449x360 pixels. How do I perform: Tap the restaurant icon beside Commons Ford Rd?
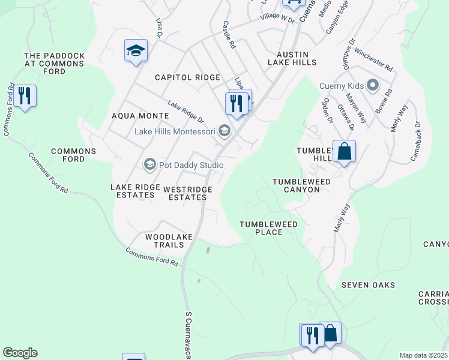[x=24, y=96]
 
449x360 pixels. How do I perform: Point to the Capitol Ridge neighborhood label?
[x=187, y=77]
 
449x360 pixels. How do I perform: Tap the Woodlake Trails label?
[x=169, y=241]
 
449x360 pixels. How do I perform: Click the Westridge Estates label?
[x=188, y=193]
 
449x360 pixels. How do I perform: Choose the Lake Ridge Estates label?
[x=133, y=191]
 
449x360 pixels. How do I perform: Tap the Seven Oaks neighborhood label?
[x=368, y=284]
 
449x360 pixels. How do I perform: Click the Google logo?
[x=20, y=353]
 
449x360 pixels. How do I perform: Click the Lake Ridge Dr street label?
[x=186, y=112]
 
